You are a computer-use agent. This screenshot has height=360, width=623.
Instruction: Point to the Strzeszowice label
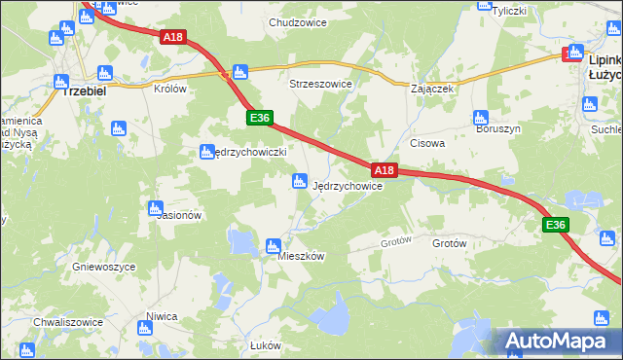pyautogui.click(x=320, y=84)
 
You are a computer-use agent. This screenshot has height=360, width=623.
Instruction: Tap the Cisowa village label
pyautogui.click(x=427, y=142)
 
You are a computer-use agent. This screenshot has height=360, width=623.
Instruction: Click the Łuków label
pyautogui.click(x=265, y=345)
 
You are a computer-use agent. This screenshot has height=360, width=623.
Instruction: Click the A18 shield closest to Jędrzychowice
pyautogui.click(x=385, y=170)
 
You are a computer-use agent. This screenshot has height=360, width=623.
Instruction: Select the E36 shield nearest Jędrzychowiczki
pyautogui.click(x=258, y=118)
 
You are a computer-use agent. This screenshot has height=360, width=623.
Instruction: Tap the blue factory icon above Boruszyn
pyautogui.click(x=480, y=119)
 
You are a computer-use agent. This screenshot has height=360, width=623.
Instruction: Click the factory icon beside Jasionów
pyautogui.click(x=155, y=207)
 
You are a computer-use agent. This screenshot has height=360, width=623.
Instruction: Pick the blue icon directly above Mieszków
pyautogui.click(x=275, y=245)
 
